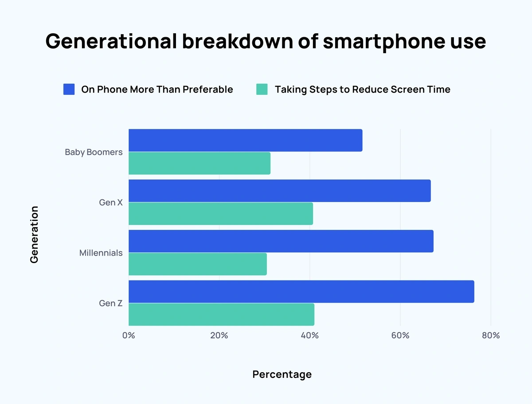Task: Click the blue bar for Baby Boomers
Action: pos(245,140)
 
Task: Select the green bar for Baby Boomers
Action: pos(199,163)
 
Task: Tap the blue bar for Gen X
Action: pos(279,191)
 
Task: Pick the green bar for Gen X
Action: pos(221,214)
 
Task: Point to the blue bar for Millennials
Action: pos(281,241)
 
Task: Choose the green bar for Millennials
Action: pos(198,264)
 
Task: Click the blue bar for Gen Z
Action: pos(301,291)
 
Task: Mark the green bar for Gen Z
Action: pos(221,315)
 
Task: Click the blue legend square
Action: pos(69,89)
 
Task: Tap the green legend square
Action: pos(262,89)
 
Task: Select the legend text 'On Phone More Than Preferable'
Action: pos(157,89)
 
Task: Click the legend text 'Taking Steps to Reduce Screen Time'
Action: pos(362,89)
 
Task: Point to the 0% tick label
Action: pos(129,335)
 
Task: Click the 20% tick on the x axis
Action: pos(219,335)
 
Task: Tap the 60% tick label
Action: pos(400,335)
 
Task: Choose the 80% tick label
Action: pos(490,335)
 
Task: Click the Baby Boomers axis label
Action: pos(94,152)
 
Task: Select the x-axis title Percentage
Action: pos(282,374)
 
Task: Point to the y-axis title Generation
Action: pos(34,234)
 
